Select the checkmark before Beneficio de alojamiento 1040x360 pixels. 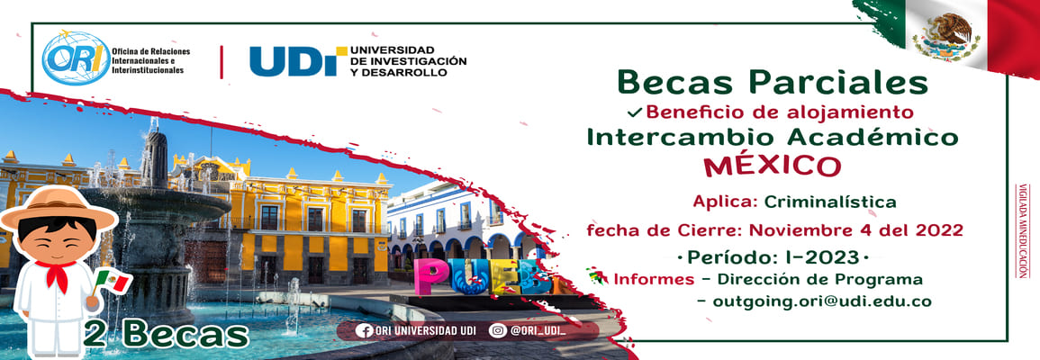[635, 112]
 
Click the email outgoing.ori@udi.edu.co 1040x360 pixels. [822, 301]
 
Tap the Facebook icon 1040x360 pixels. [364, 330]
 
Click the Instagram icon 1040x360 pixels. [498, 330]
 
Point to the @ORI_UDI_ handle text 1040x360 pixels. [538, 331]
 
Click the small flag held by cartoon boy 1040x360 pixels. [112, 281]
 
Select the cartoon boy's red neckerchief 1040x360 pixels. [57, 273]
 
